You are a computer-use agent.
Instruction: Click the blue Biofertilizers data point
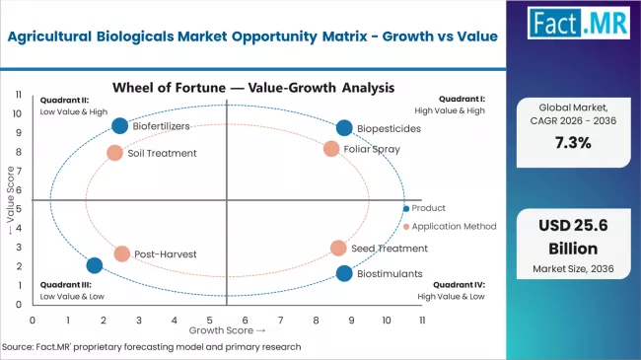(x=119, y=125)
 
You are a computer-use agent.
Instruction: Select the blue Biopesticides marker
(x=343, y=128)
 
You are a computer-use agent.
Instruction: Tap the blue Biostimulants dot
(x=343, y=273)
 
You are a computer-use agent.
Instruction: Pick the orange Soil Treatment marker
(x=114, y=153)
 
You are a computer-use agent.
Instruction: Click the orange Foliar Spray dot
(x=331, y=149)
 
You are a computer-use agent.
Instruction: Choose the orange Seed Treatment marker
(x=338, y=249)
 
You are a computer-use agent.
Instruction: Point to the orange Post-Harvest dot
(x=121, y=253)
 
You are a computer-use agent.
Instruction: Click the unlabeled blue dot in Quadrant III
(x=95, y=265)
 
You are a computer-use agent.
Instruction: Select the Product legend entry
(x=428, y=208)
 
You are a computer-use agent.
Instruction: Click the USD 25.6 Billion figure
(x=573, y=237)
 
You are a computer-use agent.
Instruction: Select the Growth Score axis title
(x=226, y=330)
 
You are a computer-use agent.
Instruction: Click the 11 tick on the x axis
(x=422, y=321)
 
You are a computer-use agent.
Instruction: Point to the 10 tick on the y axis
(x=19, y=112)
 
